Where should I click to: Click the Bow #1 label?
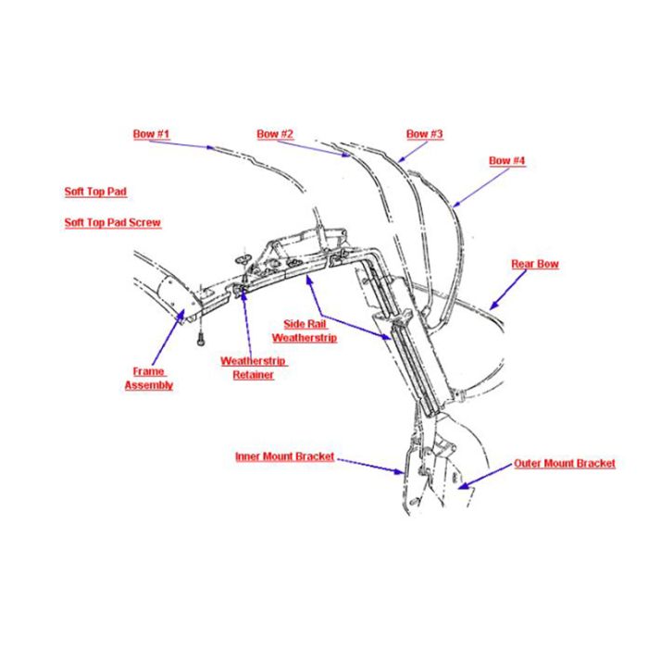[151, 134]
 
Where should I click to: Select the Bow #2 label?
[275, 134]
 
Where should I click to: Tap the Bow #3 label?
[424, 134]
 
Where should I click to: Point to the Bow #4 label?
[506, 161]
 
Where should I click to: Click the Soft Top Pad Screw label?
[112, 223]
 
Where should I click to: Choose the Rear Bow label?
[535, 264]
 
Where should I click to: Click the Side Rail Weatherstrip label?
[305, 331]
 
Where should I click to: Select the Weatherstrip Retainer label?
[254, 368]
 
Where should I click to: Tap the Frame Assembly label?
[149, 378]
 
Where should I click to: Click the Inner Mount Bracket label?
[285, 456]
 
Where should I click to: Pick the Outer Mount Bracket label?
[565, 464]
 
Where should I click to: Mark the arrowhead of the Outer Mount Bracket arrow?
[465, 485]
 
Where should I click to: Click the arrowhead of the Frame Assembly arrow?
[181, 316]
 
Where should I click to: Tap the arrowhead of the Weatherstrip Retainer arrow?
[243, 294]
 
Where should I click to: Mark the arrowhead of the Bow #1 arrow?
[210, 146]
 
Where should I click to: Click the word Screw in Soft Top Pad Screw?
[144, 223]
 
